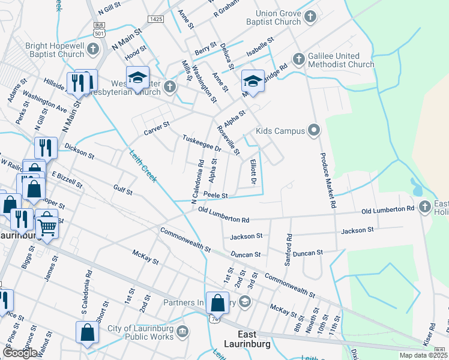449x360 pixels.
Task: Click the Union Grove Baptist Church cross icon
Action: (x=310, y=16)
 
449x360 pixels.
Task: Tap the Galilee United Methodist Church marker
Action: (x=298, y=59)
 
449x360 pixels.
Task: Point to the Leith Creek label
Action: (x=143, y=166)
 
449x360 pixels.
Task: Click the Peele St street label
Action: (x=215, y=196)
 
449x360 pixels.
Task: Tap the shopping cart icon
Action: (x=46, y=226)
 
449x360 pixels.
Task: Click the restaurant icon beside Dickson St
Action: (x=46, y=148)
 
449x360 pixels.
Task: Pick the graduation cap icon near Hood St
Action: (x=137, y=77)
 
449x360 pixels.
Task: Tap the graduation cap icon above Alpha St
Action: (x=253, y=81)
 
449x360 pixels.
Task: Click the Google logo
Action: (x=20, y=352)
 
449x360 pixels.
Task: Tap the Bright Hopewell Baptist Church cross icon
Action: (x=93, y=48)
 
